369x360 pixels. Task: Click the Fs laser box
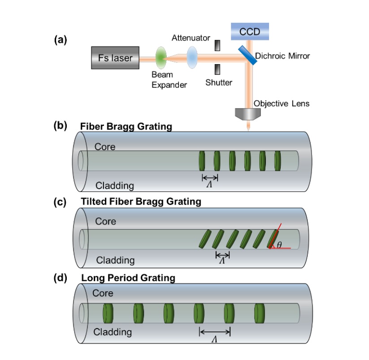[115, 58]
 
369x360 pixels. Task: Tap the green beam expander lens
[161, 57]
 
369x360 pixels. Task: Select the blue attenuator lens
[193, 58]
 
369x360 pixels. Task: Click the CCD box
[249, 32]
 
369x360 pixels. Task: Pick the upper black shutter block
[218, 46]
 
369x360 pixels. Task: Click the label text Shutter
[219, 82]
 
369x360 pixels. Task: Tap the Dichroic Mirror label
[282, 56]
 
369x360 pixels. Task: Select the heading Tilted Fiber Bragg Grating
[141, 202]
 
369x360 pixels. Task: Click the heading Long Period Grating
[128, 278]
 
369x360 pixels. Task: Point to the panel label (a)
[60, 40]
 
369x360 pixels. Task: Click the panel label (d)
[60, 278]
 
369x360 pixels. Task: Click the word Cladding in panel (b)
[115, 185]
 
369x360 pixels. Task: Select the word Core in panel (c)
[105, 221]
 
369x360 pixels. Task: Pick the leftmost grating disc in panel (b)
[202, 160]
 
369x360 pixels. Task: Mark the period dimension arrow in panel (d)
[215, 332]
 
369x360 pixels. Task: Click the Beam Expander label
[169, 80]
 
